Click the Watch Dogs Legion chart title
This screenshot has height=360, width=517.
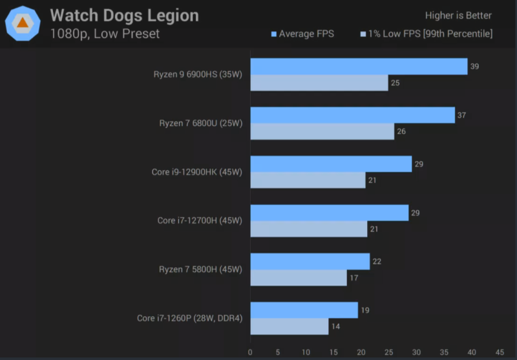tap(124, 16)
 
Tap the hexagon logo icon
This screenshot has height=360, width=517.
tap(23, 23)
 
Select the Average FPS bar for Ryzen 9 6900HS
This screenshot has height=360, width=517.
tap(359, 67)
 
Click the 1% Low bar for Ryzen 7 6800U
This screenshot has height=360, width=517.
tap(322, 131)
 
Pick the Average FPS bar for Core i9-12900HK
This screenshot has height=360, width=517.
tap(331, 164)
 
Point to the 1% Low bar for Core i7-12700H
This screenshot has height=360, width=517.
tap(308, 229)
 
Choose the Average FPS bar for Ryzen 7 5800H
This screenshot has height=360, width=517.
tap(310, 261)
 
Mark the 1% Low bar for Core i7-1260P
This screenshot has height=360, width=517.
tap(289, 326)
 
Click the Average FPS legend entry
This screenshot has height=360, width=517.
tap(302, 34)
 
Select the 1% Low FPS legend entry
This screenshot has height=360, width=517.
tap(426, 34)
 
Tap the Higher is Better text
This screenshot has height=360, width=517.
tap(458, 16)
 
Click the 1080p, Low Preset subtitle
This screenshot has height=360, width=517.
tap(105, 34)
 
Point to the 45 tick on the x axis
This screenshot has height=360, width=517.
tap(499, 352)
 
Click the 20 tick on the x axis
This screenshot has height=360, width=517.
tap(361, 352)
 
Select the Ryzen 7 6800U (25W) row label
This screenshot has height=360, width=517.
tap(200, 123)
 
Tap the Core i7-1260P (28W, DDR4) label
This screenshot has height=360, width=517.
tap(189, 318)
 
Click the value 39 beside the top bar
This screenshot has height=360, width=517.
tap(474, 67)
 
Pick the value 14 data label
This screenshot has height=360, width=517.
tap(335, 326)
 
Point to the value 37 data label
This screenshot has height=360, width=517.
tap(461, 115)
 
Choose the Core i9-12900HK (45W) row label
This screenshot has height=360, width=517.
tap(196, 172)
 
